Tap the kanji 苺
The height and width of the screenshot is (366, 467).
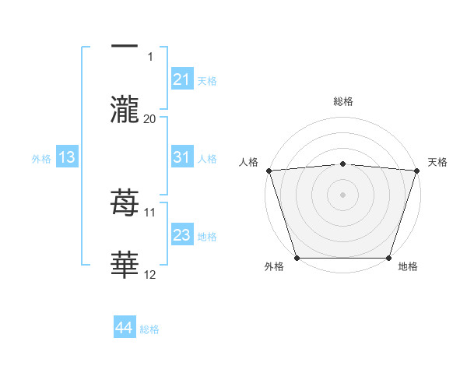pos(125,204)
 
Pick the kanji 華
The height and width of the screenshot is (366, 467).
pos(125,266)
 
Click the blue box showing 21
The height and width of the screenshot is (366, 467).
pos(182,79)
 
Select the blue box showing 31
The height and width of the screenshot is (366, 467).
pos(182,157)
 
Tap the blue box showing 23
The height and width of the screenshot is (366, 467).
pos(182,235)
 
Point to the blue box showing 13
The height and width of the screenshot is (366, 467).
pos(67,157)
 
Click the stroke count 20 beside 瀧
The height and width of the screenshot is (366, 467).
pos(150,118)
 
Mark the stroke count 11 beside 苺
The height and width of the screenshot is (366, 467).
pos(150,212)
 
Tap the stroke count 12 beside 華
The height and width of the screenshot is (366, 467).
pos(150,274)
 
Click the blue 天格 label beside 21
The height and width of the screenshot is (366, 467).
pos(207,80)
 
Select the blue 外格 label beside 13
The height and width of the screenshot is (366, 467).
pos(41,158)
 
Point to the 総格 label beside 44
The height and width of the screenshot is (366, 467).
pos(149,329)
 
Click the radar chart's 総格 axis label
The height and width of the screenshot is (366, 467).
pos(342,101)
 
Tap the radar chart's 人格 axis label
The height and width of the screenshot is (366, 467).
pos(249,162)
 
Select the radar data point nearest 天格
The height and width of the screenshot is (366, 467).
pos(416,171)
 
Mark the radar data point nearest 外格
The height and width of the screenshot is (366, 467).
pos(297,258)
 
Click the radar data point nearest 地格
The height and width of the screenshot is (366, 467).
pos(388,258)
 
